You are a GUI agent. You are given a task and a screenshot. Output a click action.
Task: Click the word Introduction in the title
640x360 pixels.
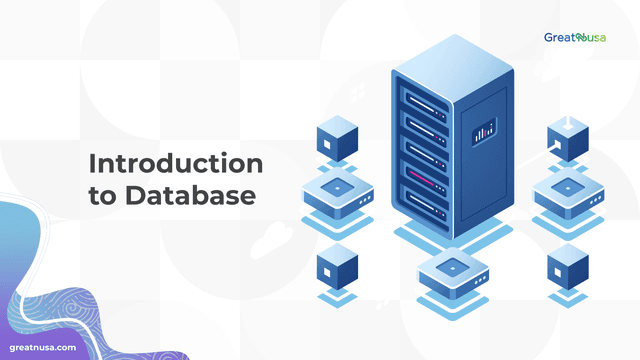click(175, 162)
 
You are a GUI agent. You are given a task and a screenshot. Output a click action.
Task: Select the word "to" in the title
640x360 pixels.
click(104, 195)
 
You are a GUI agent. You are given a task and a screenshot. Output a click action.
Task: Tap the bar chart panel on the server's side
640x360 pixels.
click(485, 132)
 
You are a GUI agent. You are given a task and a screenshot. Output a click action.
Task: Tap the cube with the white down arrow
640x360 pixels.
click(567, 140)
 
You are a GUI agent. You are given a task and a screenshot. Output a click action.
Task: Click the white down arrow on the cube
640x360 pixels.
click(567, 123)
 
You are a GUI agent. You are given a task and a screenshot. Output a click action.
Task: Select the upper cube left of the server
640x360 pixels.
click(336, 139)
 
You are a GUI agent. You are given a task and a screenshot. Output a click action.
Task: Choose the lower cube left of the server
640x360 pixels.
click(336, 269)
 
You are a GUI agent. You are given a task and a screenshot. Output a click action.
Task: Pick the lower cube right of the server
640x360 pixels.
click(567, 268)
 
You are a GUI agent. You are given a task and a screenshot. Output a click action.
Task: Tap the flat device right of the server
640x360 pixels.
click(567, 196)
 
